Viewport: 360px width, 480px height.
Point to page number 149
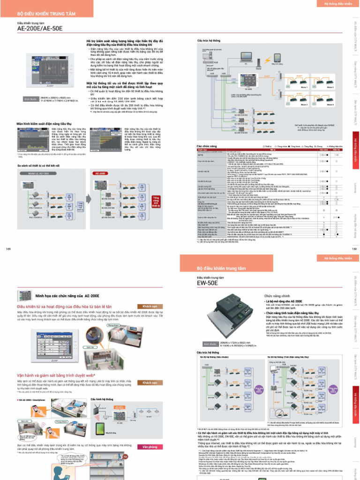[8, 249]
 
